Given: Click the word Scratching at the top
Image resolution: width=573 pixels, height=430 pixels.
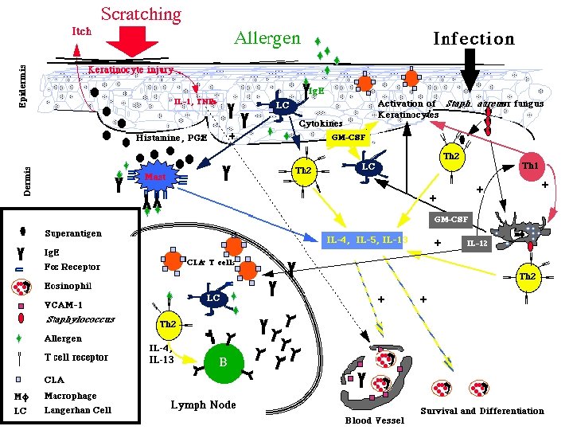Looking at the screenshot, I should pyautogui.click(x=141, y=14).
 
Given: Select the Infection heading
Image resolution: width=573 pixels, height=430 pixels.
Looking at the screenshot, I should pyautogui.click(x=473, y=38).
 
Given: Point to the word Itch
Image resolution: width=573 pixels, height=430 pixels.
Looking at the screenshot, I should pyautogui.click(x=81, y=32).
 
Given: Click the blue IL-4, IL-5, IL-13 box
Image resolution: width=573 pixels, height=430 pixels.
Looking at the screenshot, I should pyautogui.click(x=367, y=238).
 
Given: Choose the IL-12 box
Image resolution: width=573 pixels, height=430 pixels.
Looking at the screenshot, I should pyautogui.click(x=477, y=242).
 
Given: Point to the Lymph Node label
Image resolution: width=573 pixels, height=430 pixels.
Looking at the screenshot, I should pyautogui.click(x=204, y=405).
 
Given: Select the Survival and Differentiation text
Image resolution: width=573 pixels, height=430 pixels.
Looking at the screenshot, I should pyautogui.click(x=482, y=411).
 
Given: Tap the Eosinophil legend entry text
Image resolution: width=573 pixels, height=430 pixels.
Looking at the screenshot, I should pyautogui.click(x=68, y=285).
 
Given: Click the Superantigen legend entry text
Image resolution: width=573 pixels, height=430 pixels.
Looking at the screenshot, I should pyautogui.click(x=74, y=233).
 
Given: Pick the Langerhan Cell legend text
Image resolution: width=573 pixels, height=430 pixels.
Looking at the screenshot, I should pyautogui.click(x=78, y=410).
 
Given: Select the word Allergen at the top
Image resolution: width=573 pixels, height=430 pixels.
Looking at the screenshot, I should pyautogui.click(x=267, y=37).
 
